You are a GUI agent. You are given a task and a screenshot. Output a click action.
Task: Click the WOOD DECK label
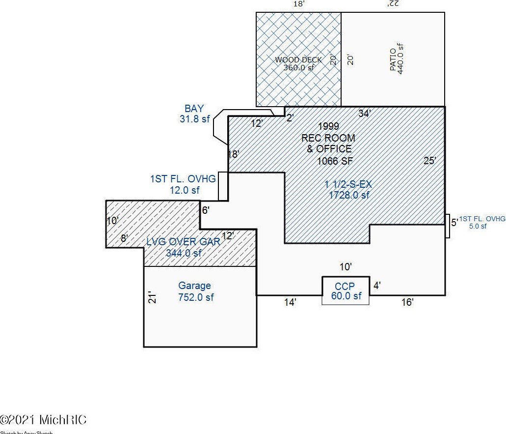298,60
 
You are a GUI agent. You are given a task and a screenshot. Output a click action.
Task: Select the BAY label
194,109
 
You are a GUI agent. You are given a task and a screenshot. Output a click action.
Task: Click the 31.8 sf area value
195,118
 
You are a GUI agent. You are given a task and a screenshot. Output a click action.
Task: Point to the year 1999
328,127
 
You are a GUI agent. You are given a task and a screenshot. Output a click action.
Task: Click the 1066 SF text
335,161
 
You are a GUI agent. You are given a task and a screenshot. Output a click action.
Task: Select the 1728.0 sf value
349,195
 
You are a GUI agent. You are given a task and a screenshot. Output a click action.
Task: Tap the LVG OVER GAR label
184,242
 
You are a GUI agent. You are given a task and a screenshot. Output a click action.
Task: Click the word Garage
194,286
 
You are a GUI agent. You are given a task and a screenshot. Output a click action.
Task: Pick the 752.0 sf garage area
196,297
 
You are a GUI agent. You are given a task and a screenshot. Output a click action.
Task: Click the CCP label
345,286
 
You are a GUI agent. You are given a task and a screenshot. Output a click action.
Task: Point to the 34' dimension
364,114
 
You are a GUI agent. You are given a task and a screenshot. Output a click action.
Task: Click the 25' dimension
430,161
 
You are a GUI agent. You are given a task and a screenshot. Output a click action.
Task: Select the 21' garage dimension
152,297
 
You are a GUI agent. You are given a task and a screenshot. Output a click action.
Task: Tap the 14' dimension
290,303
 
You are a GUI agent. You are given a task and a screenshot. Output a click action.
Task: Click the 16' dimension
407,303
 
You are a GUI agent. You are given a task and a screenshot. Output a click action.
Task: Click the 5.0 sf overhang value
477,226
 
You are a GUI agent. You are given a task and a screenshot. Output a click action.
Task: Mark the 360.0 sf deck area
298,68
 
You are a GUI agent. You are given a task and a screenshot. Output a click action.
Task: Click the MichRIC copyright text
44,420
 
